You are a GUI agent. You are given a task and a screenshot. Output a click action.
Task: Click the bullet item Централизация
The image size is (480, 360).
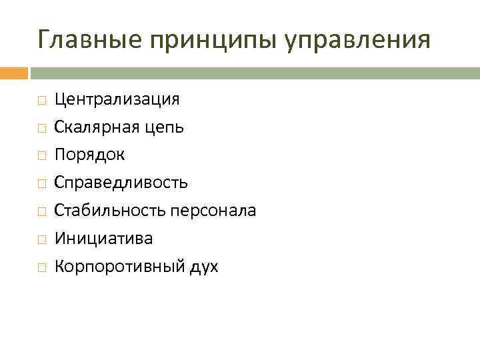coord(117,99)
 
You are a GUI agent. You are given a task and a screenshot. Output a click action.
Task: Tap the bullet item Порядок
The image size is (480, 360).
coord(89,155)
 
